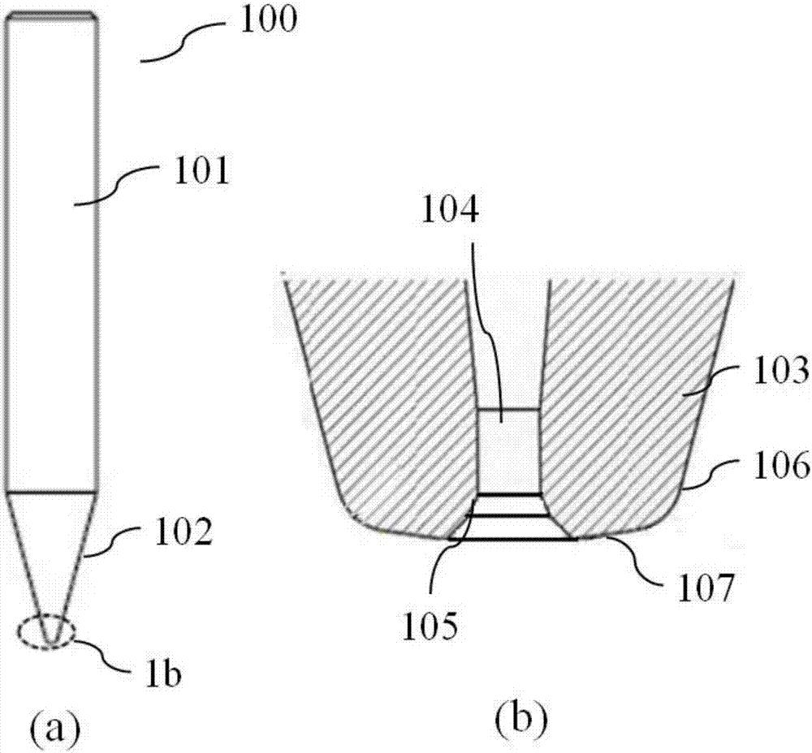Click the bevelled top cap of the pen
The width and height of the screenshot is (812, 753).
(x=52, y=15)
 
